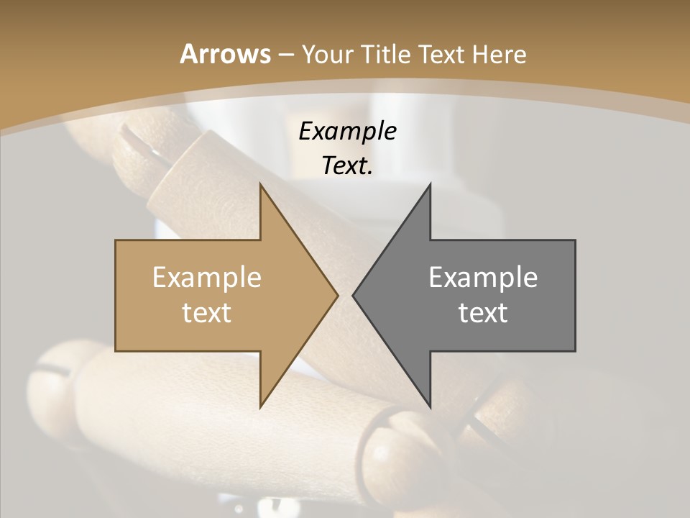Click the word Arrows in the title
[x=224, y=54]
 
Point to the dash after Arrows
[x=285, y=55]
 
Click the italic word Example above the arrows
[x=347, y=132]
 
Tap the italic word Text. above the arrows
[x=347, y=165]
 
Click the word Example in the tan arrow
[x=207, y=278]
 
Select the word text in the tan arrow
[x=207, y=312]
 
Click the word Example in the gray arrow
[x=483, y=278]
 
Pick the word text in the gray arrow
[x=483, y=312]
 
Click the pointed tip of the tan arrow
[x=338, y=295]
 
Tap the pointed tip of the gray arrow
[x=353, y=295]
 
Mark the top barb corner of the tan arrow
[x=260, y=184]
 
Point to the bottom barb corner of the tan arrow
[x=260, y=407]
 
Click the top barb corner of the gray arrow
[x=430, y=184]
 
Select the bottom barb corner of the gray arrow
[x=430, y=407]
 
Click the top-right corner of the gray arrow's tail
[x=575, y=240]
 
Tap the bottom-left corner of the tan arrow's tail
[x=116, y=351]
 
